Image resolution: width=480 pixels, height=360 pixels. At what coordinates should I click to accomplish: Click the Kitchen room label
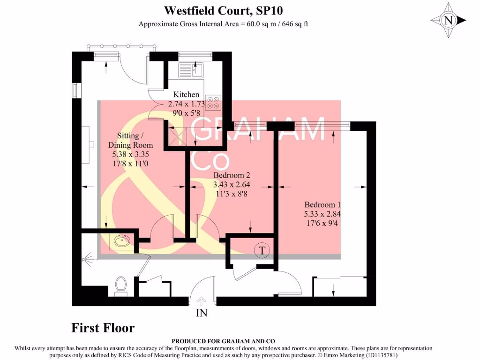(186, 95)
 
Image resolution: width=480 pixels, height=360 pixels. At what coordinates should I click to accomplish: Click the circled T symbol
(262, 251)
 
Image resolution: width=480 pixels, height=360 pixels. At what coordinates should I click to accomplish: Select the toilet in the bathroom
(121, 285)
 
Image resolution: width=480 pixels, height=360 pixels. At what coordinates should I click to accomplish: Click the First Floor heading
(103, 328)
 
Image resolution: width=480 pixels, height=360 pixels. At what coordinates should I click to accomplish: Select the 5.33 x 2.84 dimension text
(322, 213)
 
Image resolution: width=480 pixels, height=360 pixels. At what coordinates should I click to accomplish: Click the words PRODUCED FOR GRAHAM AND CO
(223, 341)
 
